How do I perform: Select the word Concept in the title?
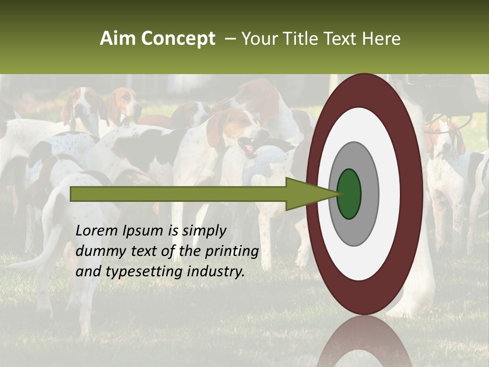pos(178,39)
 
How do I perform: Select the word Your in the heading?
pos(259,39)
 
